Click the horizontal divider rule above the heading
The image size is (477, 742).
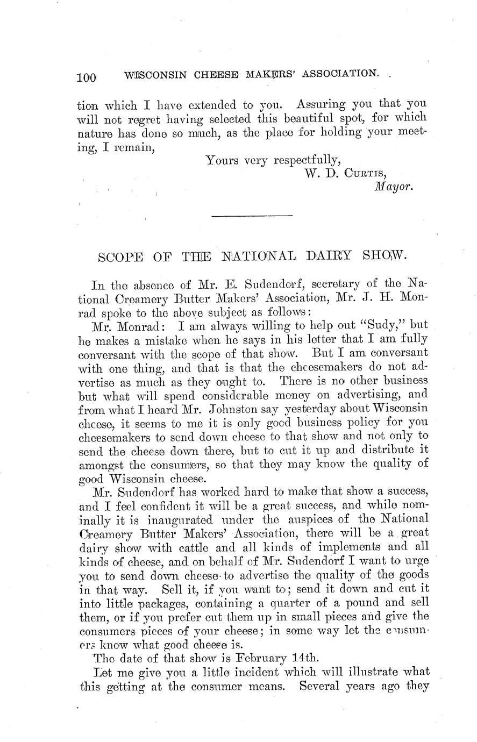tap(252, 216)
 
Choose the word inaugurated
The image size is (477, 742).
tap(179, 519)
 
